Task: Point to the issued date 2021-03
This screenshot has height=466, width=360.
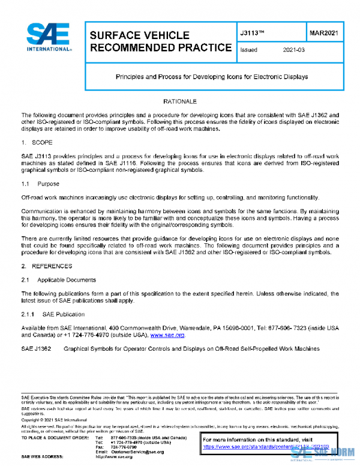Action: click(x=294, y=50)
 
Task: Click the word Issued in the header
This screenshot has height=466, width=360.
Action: click(x=248, y=50)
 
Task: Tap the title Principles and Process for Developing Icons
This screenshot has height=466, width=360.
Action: click(x=211, y=77)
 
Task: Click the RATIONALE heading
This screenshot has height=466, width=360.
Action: click(x=180, y=101)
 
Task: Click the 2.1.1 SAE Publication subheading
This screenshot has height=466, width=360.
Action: click(x=53, y=314)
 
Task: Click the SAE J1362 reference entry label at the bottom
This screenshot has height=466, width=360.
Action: click(x=36, y=349)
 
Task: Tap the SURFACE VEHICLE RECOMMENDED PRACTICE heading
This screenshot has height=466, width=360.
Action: click(x=160, y=41)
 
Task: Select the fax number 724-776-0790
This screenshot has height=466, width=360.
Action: click(x=124, y=446)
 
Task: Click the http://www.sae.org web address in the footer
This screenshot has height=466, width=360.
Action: click(x=114, y=456)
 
